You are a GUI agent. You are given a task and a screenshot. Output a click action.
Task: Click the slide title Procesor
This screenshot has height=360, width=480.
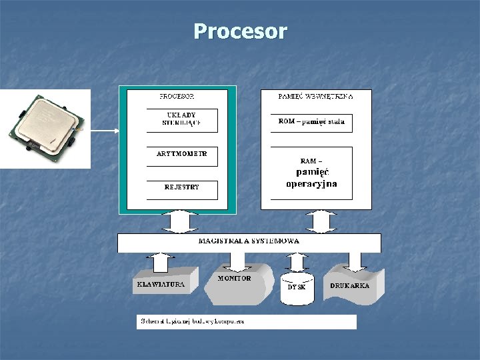(240, 31)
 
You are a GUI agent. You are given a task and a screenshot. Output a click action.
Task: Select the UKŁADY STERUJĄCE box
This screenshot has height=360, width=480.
(182, 120)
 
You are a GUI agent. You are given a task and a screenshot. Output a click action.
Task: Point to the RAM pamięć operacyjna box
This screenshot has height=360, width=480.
(311, 173)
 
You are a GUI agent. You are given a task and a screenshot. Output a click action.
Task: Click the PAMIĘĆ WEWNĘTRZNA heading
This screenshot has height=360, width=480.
(315, 97)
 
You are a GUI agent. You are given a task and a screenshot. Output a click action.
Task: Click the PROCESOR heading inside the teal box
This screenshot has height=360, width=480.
(177, 97)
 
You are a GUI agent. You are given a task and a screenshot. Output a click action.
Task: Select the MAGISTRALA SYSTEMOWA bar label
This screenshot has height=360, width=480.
(249, 241)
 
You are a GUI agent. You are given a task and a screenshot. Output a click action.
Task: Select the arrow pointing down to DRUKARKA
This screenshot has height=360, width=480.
(355, 261)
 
